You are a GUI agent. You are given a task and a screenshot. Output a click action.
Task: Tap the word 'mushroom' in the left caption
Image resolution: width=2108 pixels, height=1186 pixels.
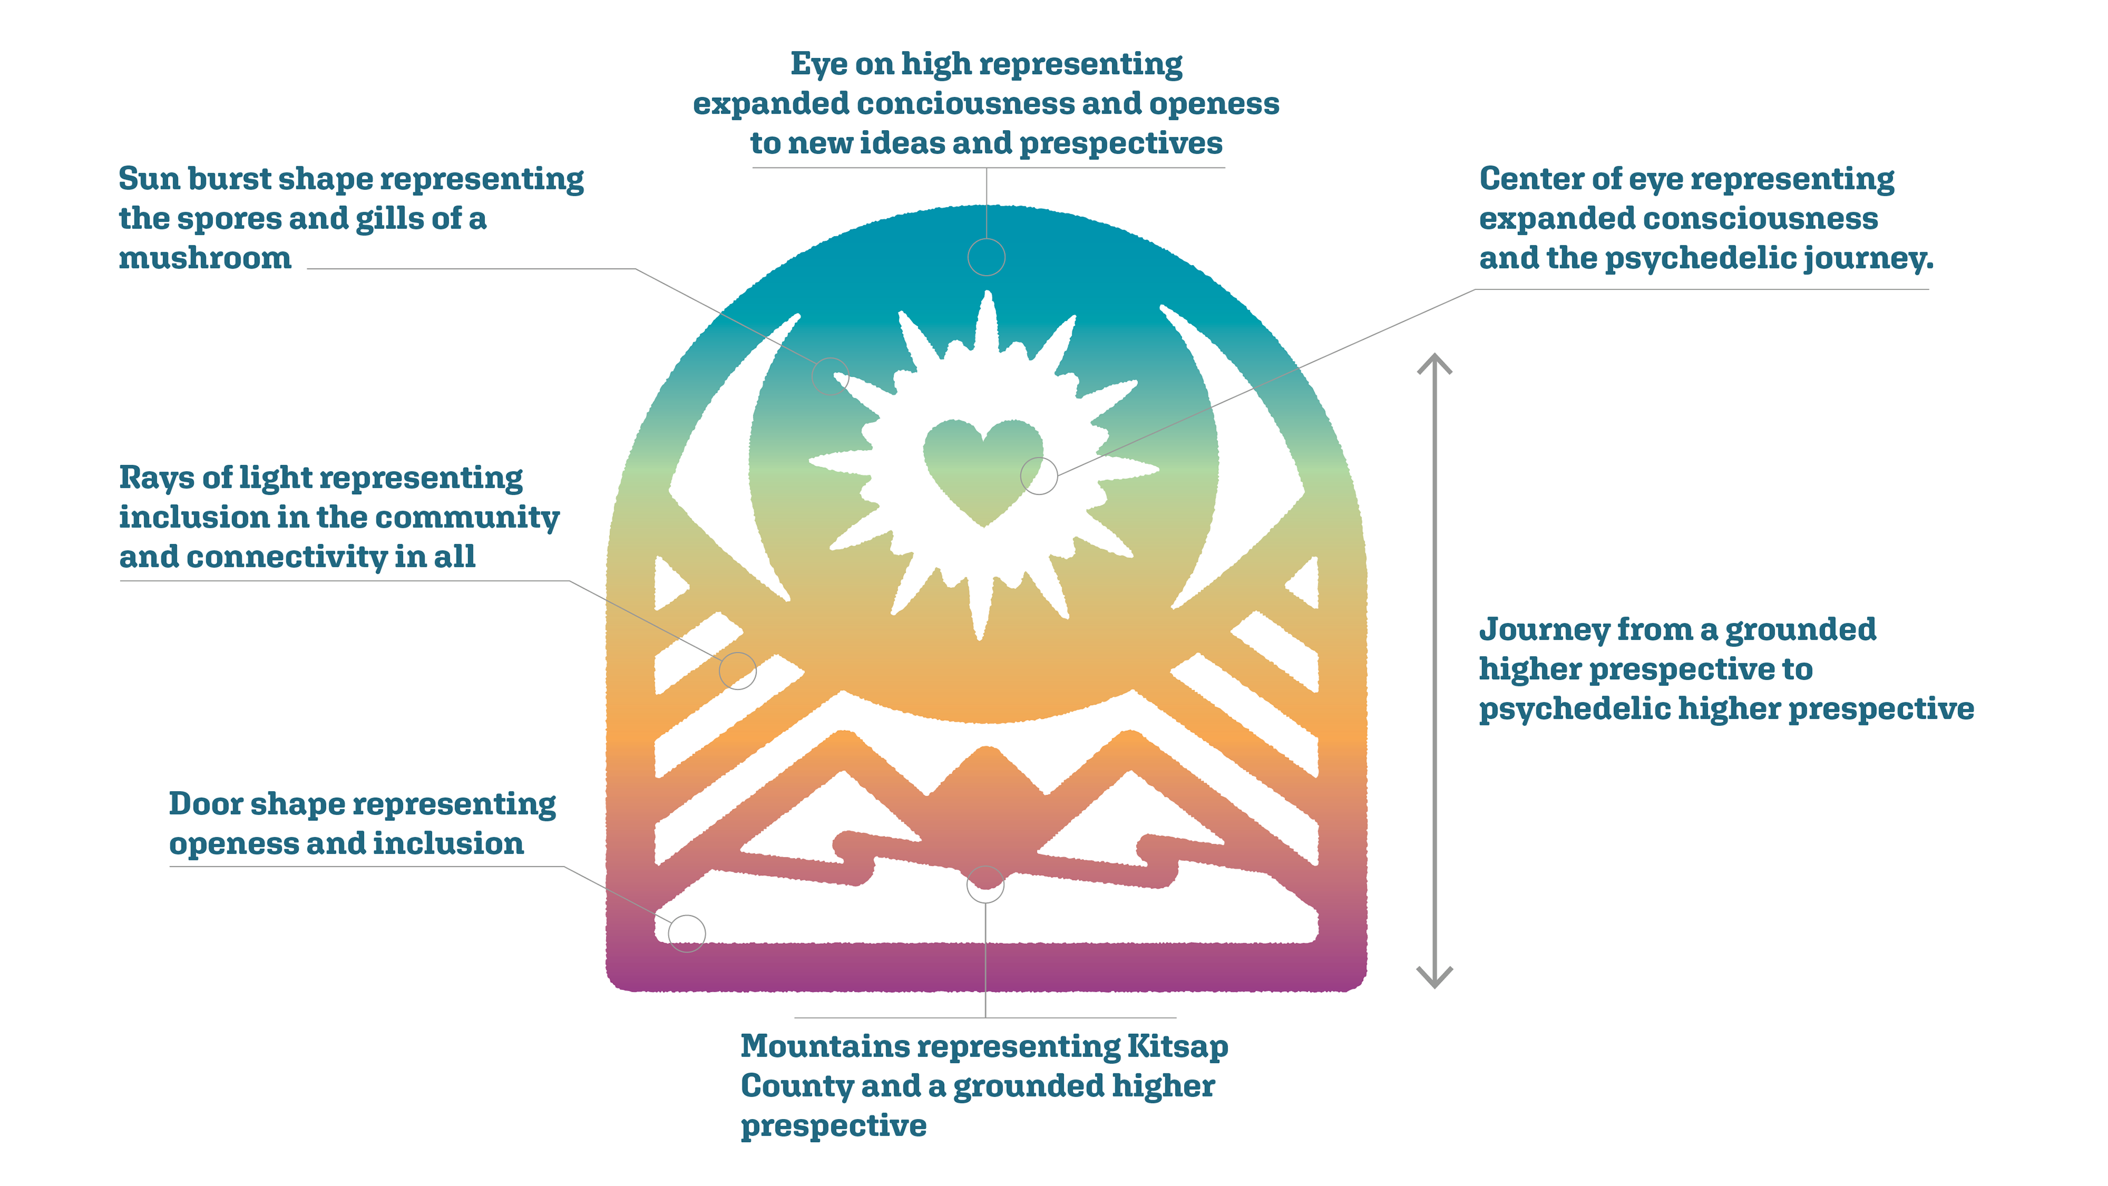(x=205, y=258)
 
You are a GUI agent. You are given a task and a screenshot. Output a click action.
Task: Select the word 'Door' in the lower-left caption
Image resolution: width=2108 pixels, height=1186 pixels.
(x=205, y=804)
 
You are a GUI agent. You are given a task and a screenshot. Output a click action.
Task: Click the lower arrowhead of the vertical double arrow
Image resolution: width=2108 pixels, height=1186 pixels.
(x=1434, y=978)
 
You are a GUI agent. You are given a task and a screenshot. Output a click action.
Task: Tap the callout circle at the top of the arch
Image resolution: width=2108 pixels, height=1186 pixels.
(x=986, y=257)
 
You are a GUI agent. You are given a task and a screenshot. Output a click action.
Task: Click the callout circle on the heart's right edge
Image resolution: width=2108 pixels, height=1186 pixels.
(x=1039, y=475)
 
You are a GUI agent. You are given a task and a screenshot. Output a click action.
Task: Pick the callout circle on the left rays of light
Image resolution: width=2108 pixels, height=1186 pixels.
(x=737, y=671)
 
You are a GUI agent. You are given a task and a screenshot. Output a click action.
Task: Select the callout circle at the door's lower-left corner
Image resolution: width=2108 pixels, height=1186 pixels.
(x=687, y=933)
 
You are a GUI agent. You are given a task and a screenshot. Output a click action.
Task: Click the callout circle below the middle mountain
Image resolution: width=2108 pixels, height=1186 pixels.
(x=985, y=884)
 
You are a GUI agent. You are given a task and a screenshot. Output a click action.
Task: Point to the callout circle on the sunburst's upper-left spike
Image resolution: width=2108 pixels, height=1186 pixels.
(x=830, y=377)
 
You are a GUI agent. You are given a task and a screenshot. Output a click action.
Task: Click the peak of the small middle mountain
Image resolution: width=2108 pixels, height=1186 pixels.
(x=988, y=749)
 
